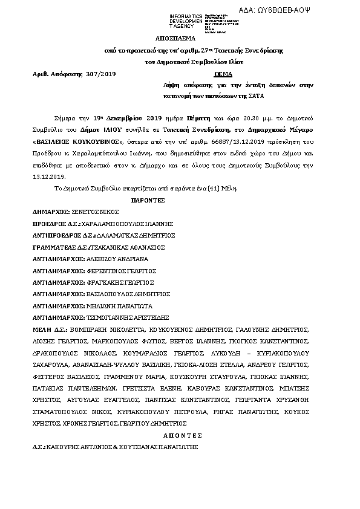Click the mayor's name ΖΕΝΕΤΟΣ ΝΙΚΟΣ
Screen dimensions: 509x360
(x=94, y=212)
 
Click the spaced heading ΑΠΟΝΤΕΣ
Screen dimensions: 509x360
(x=180, y=435)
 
